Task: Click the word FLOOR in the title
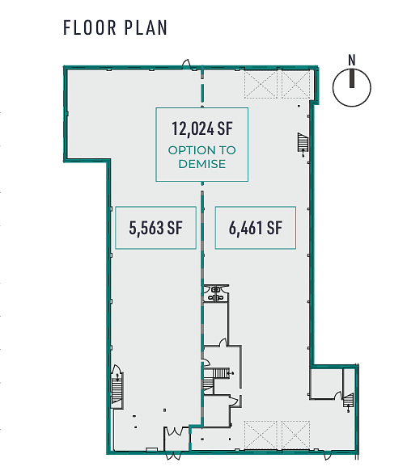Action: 90,27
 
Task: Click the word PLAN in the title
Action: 146,27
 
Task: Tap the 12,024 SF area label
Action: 202,128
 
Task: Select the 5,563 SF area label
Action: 155,228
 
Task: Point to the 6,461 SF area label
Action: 256,228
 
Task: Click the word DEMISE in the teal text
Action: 202,164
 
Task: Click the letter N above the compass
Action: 352,60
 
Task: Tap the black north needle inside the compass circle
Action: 352,78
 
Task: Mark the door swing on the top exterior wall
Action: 186,64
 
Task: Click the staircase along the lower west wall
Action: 117,388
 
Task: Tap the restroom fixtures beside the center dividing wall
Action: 215,293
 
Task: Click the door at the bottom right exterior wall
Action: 328,455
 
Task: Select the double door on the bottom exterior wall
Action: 173,456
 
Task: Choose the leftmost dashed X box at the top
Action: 261,84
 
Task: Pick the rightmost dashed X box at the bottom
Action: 295,435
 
